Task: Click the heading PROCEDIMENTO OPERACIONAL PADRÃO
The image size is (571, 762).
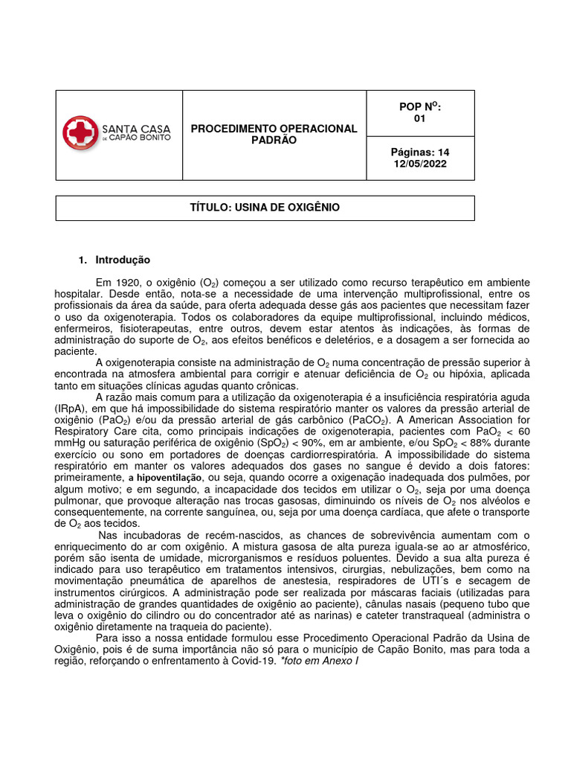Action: click(274, 135)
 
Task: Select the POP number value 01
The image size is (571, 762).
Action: click(420, 119)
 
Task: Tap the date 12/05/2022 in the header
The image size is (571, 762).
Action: click(420, 164)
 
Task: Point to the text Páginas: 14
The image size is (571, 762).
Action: click(420, 153)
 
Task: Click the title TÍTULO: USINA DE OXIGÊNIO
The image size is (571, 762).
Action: click(265, 208)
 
